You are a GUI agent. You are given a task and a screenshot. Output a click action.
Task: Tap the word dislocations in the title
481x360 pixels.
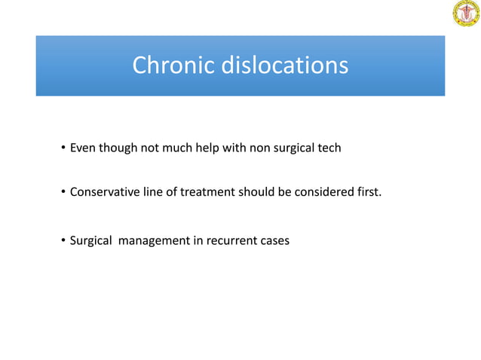284,66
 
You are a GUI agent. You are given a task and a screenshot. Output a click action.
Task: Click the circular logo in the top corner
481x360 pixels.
465,14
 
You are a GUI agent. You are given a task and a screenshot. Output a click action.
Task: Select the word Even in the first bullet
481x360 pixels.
83,148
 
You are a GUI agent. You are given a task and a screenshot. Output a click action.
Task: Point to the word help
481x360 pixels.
218,148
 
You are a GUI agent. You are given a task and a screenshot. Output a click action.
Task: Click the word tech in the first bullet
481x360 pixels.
328,148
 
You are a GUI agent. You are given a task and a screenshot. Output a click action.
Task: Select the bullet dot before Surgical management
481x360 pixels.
63,242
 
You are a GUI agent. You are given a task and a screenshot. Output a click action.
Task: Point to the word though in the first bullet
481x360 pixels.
118,148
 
